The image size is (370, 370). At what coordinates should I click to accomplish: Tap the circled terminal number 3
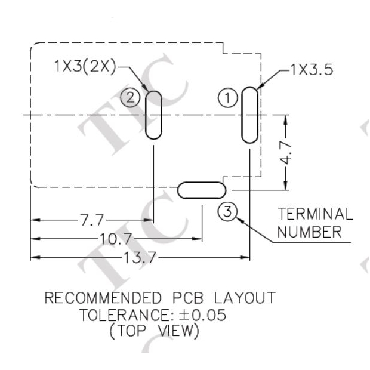(x=227, y=211)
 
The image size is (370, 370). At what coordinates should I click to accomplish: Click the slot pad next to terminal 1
(x=249, y=115)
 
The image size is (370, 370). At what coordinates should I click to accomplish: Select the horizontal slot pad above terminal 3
(x=202, y=190)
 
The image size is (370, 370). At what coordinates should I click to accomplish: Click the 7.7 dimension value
(x=92, y=221)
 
